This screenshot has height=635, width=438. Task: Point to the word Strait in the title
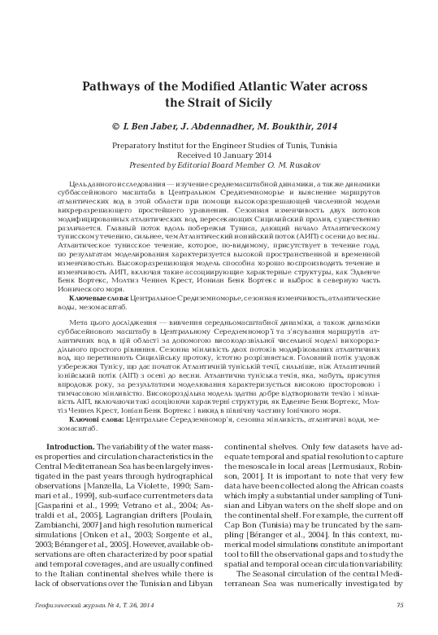pos(207,103)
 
